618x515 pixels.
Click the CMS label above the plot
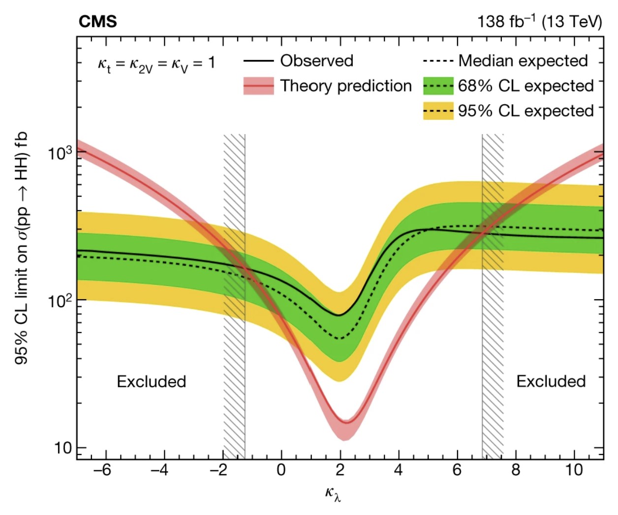point(97,22)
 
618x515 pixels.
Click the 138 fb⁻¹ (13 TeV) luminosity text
point(539,22)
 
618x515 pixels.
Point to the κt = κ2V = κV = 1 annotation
point(156,63)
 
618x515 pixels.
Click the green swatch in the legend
point(438,86)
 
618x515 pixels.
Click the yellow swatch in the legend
point(438,111)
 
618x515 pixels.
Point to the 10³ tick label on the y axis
point(60,153)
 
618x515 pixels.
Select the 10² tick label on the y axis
point(60,300)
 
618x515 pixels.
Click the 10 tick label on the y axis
point(63,448)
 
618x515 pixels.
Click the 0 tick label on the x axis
point(281,470)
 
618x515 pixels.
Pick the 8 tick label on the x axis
point(515,470)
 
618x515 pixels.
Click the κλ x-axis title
point(333,493)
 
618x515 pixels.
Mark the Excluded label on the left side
point(151,381)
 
